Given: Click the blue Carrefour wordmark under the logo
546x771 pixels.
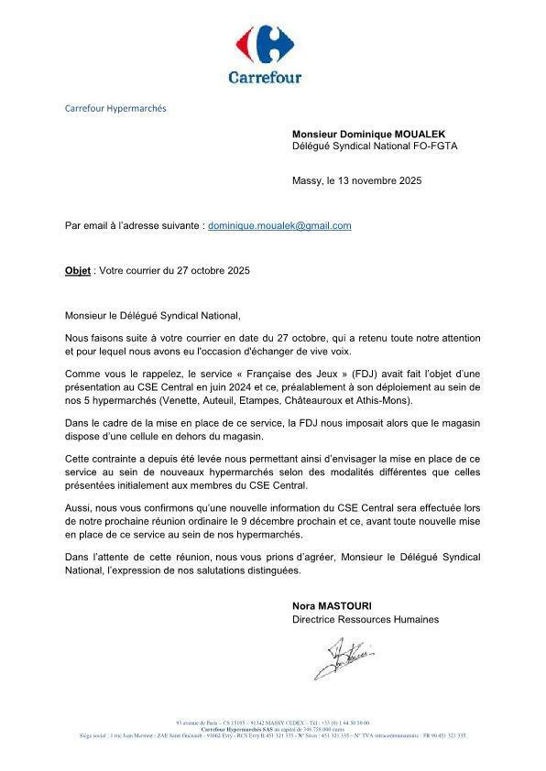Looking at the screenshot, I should [x=265, y=77].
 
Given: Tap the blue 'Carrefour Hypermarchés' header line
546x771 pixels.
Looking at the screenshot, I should [x=115, y=108].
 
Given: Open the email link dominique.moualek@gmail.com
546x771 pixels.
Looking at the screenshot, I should [x=279, y=225].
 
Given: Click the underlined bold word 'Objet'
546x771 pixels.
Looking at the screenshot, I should [x=78, y=271].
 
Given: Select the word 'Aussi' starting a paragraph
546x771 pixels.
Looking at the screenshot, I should [x=78, y=505].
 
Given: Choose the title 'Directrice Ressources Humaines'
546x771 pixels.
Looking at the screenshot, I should [x=365, y=619].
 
